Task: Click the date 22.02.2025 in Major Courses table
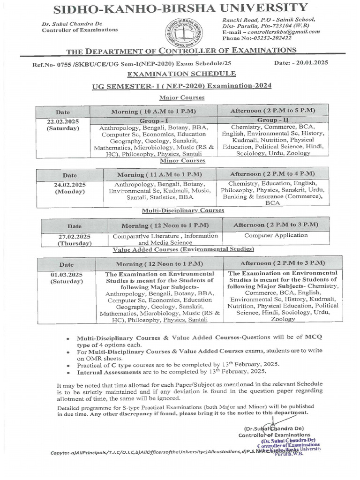[63, 121]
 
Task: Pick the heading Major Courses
[181, 97]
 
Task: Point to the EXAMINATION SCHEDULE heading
[182, 74]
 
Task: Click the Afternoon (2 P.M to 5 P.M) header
[272, 110]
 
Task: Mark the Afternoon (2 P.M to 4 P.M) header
[272, 173]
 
